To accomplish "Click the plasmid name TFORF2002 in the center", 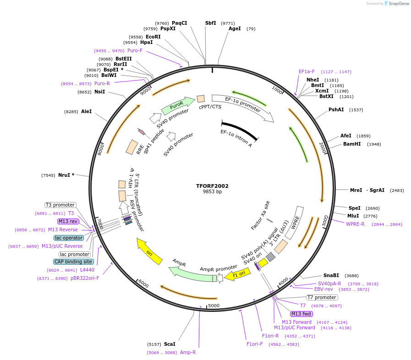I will (x=212, y=186).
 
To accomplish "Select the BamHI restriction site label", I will (x=352, y=144).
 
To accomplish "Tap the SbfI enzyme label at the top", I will (x=211, y=23).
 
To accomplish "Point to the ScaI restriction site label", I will (x=170, y=344).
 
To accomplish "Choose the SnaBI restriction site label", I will (x=331, y=275).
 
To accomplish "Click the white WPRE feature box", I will (x=295, y=223).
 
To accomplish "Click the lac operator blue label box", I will (x=69, y=238).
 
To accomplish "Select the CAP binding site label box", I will (x=73, y=262).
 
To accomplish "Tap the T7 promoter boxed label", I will (x=322, y=297).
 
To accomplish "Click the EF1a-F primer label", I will (x=307, y=71).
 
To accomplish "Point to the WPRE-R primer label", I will (x=355, y=224).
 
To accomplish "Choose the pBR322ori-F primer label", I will (x=85, y=278).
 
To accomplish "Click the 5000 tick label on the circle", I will (x=214, y=305).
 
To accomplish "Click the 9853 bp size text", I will (x=212, y=192).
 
